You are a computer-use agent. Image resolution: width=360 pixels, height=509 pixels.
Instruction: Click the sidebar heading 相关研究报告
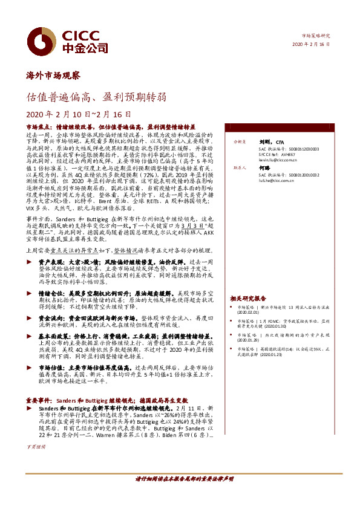pyautogui.click(x=248, y=299)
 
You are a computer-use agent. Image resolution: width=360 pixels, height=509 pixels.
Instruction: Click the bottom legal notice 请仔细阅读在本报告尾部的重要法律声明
pyautogui.click(x=184, y=479)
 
